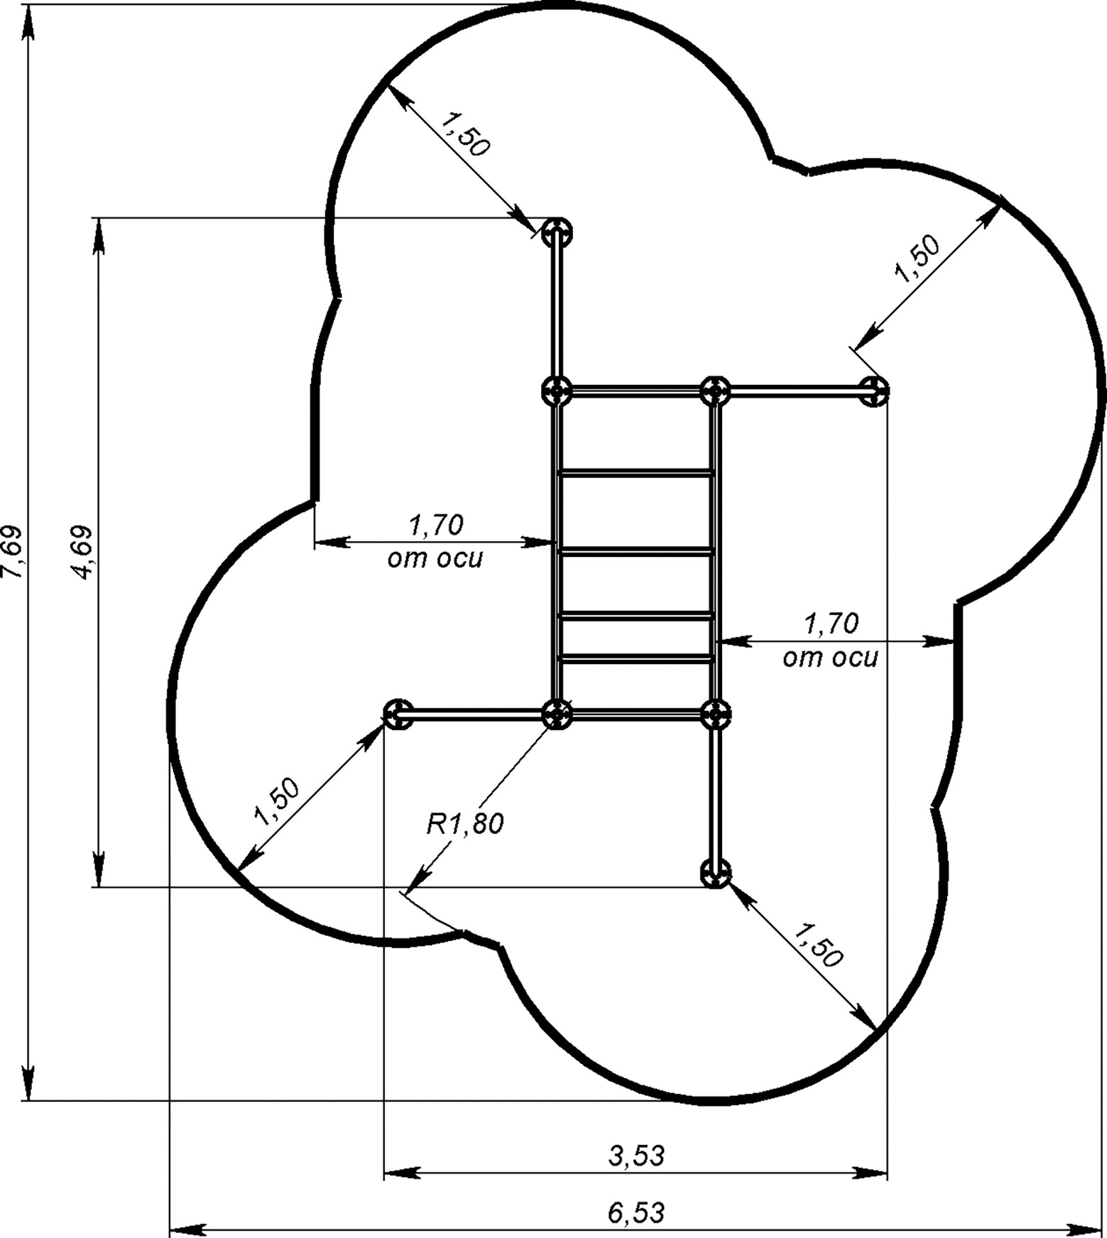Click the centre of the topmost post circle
click(x=557, y=232)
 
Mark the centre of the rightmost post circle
click(x=873, y=391)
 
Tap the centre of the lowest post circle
click(x=715, y=872)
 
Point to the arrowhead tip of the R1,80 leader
click(x=407, y=891)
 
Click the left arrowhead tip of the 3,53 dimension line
click(x=384, y=1173)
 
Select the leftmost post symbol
click(x=398, y=713)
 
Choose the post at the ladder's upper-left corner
click(x=557, y=391)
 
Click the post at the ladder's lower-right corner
click(x=715, y=713)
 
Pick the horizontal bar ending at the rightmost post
click(x=795, y=390)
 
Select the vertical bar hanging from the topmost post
click(x=557, y=311)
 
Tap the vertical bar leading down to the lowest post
click(x=715, y=793)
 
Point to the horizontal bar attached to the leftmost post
click(x=478, y=712)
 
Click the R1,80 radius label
click(x=464, y=825)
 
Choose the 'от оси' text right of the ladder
click(x=830, y=658)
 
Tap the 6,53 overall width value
click(x=636, y=1212)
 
